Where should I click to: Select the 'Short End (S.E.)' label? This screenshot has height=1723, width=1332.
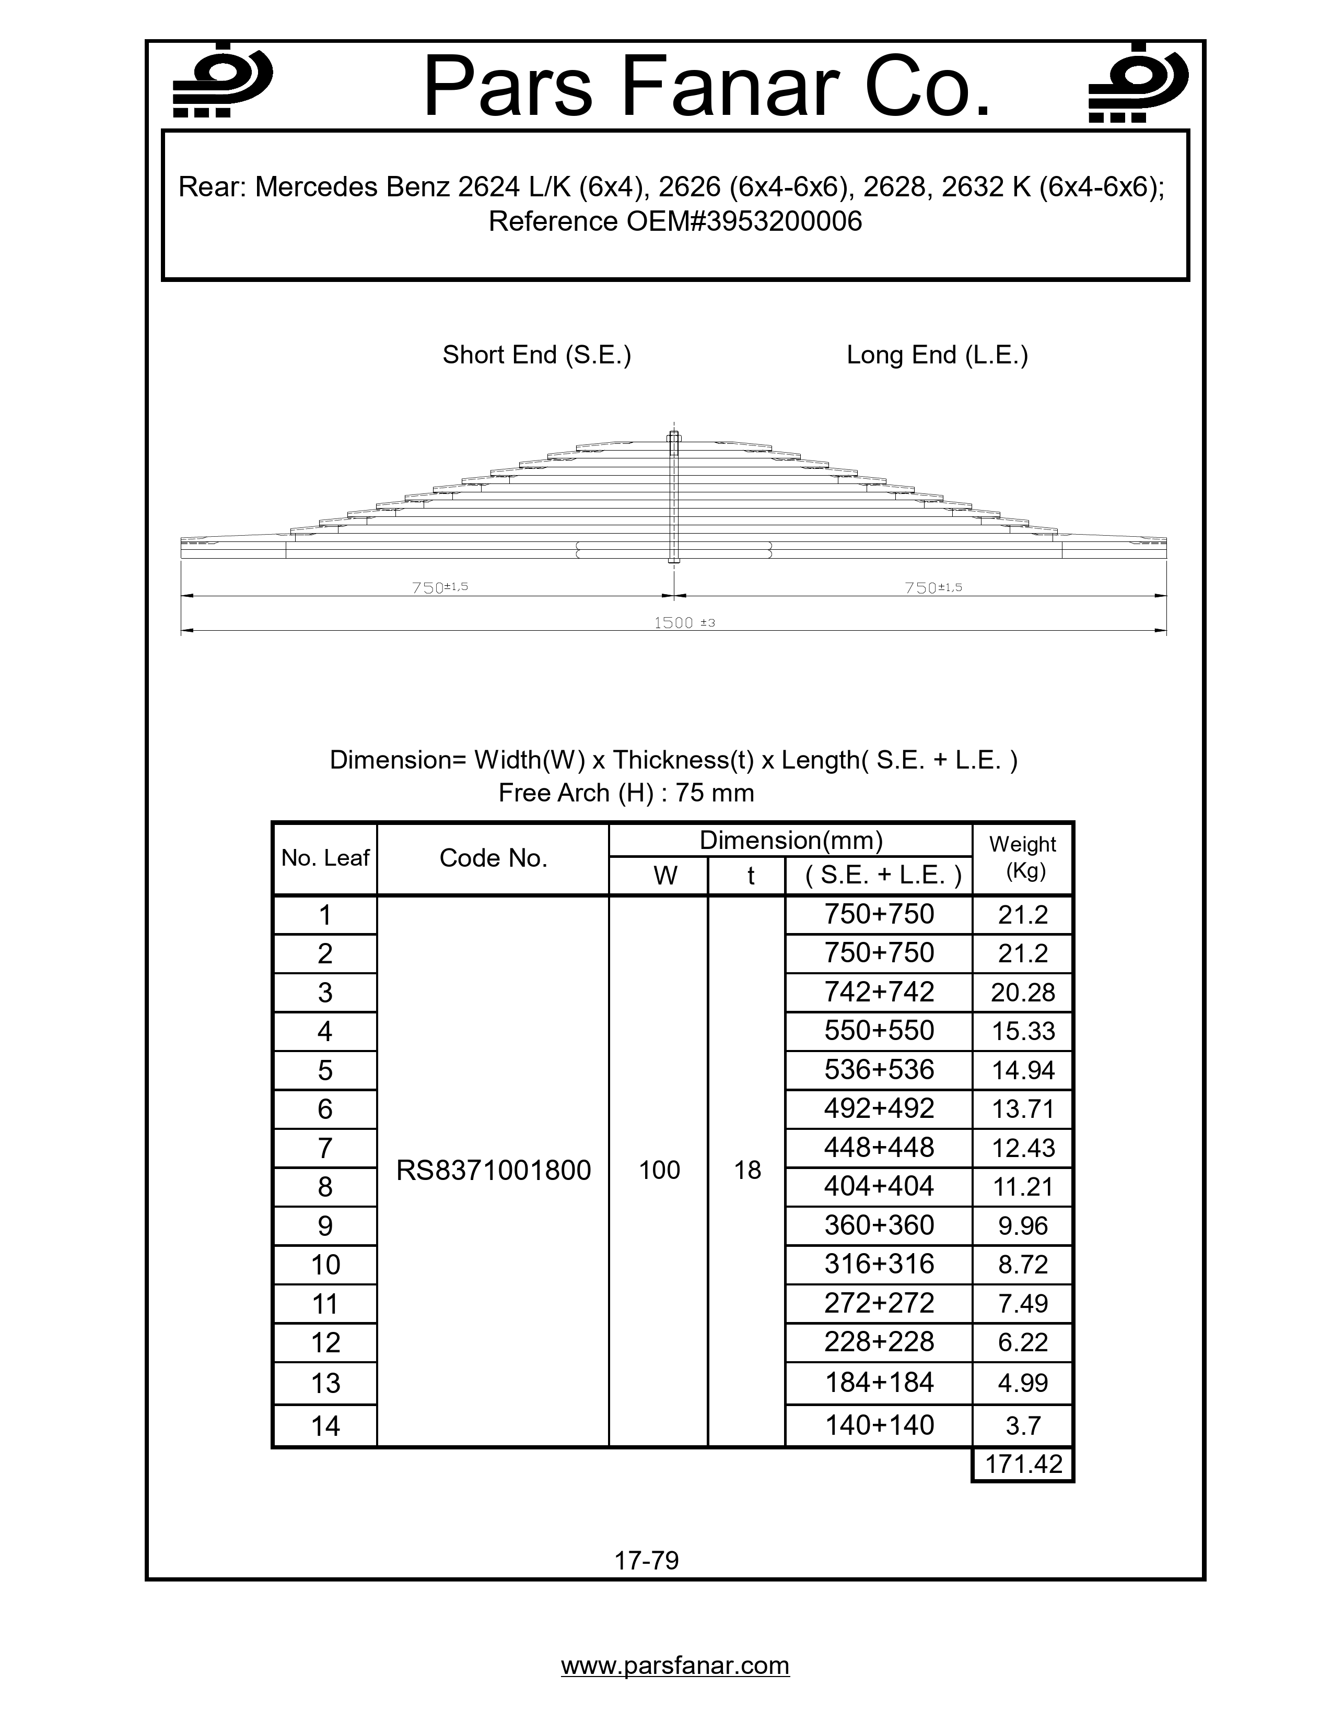coord(536,355)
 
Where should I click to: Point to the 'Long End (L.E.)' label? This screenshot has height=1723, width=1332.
coord(937,355)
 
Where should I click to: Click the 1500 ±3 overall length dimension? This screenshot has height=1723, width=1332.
coord(683,622)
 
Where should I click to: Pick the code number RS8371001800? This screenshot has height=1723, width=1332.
coord(493,1170)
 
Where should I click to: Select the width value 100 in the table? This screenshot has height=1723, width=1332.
coord(659,1170)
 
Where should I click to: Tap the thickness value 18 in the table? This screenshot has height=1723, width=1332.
coord(747,1170)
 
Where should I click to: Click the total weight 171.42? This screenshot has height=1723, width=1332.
coord(1023,1464)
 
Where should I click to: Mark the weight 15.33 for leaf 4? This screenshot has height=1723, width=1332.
coord(1023,1031)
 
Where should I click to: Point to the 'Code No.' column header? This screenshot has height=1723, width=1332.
coord(493,858)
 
